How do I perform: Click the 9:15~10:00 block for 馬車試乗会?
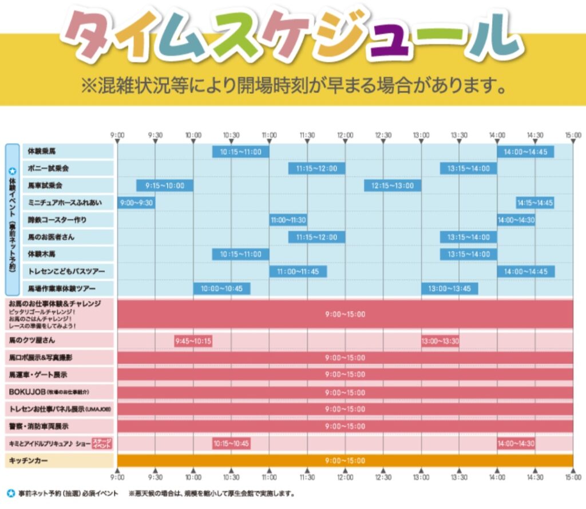click(164, 186)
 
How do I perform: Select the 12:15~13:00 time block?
click(393, 186)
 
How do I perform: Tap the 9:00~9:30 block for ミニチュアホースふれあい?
click(136, 203)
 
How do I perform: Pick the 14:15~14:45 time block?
click(534, 203)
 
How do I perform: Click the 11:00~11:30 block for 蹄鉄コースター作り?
click(288, 220)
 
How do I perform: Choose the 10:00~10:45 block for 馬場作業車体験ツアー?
click(221, 288)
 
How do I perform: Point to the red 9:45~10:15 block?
click(193, 341)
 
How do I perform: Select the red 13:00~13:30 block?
click(440, 341)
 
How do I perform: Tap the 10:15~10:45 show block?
click(231, 443)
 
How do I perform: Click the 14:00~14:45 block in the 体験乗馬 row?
click(525, 152)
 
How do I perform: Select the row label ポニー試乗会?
click(49, 169)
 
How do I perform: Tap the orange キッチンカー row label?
click(29, 460)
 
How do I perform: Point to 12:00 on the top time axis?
click(345, 136)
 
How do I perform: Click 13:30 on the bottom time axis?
click(458, 477)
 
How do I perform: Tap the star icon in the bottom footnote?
click(10, 493)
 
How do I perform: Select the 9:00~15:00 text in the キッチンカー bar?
click(345, 461)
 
